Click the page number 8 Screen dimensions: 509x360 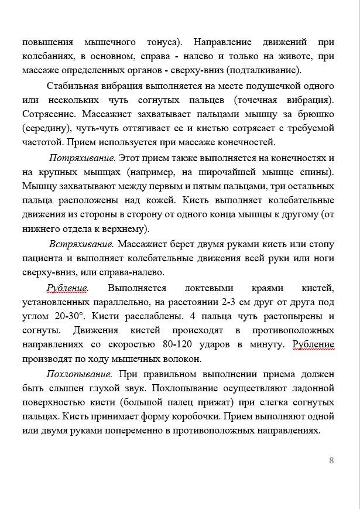click(331, 460)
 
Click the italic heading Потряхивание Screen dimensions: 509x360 click(83, 158)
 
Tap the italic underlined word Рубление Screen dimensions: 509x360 click(67, 288)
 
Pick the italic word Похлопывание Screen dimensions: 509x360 click(79, 374)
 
